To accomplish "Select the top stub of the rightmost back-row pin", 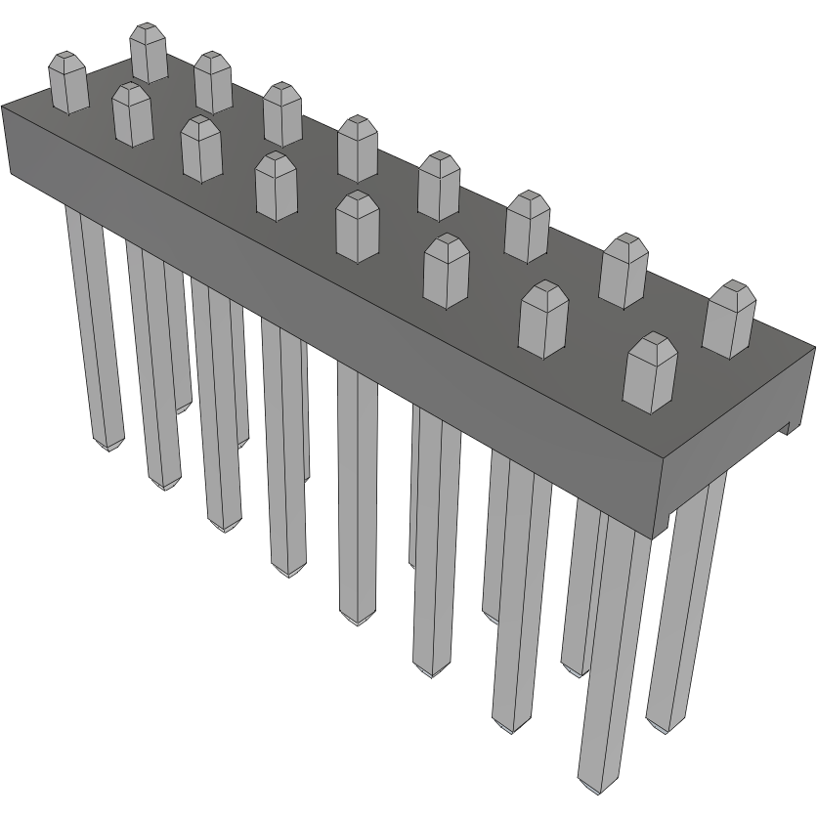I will [729, 319].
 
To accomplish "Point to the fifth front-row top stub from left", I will [357, 226].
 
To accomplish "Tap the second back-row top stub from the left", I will [212, 82].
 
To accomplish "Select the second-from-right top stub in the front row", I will [543, 319].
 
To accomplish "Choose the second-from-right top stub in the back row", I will [624, 271].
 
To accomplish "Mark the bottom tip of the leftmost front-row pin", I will [108, 446].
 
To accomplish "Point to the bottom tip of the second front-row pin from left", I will [165, 484].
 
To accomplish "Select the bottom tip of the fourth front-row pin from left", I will [287, 571].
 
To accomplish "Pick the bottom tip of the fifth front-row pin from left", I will [357, 620].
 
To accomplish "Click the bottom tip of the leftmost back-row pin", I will [183, 407].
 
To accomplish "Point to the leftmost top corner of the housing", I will [3, 105].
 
